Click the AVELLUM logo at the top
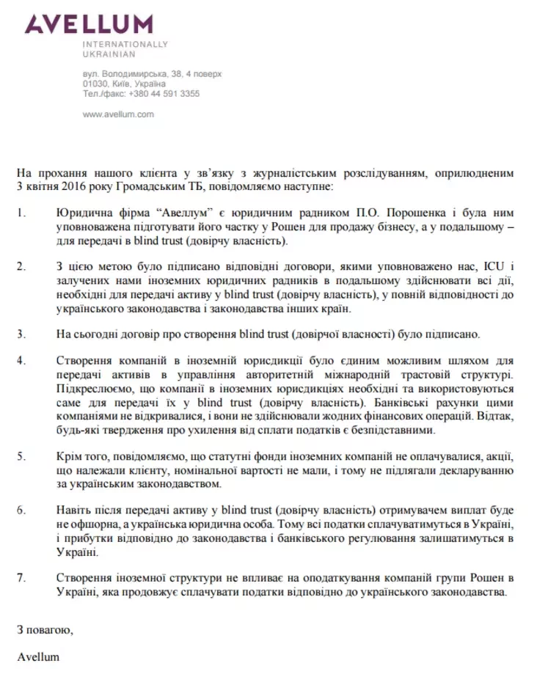click(89, 24)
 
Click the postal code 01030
click(96, 84)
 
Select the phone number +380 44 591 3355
click(164, 94)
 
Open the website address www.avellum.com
click(117, 114)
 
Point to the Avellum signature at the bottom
click(38, 656)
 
